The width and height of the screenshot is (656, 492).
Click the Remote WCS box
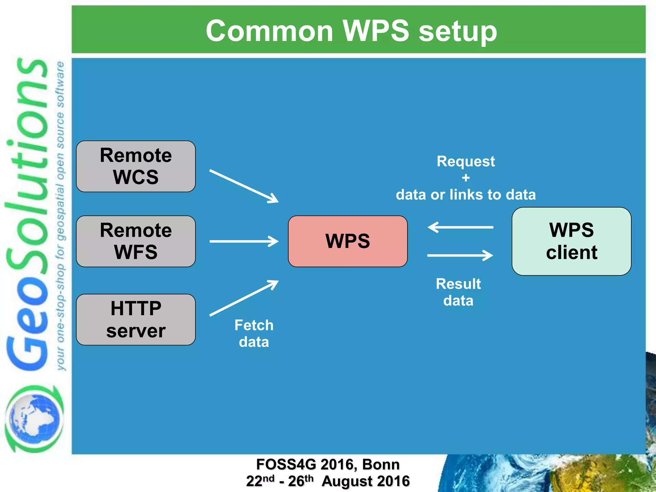pos(136,166)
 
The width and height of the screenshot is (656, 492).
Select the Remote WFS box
pos(136,241)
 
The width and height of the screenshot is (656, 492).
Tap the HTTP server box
pos(136,319)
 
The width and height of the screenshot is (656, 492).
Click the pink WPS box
pos(348,241)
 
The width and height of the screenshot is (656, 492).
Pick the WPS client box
pos(571,241)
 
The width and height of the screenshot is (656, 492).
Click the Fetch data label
pos(254,333)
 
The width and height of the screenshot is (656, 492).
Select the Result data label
pos(458,292)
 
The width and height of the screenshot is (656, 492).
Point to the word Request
pos(466,161)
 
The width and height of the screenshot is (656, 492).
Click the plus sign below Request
pos(466,178)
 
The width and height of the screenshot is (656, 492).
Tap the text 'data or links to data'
pos(466,195)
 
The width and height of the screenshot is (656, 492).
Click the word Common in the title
pos(269,31)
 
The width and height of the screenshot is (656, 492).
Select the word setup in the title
pos(458,31)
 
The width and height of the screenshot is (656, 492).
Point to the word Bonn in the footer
pos(381,464)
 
